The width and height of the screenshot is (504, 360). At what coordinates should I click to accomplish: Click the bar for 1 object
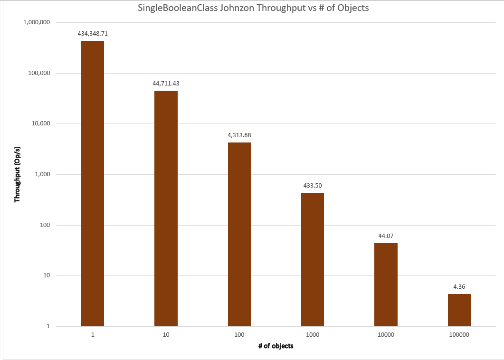pyautogui.click(x=93, y=183)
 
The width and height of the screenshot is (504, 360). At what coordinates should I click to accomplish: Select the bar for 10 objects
pyautogui.click(x=166, y=208)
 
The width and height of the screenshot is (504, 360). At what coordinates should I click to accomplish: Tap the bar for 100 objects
pyautogui.click(x=239, y=234)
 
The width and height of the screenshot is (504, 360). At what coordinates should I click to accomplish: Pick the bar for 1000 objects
pyautogui.click(x=313, y=259)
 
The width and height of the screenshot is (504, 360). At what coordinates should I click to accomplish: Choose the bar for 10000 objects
pyautogui.click(x=386, y=284)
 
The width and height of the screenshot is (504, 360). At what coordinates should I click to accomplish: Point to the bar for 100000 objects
pyautogui.click(x=459, y=310)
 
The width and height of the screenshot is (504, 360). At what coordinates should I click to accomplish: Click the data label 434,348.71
pyautogui.click(x=93, y=34)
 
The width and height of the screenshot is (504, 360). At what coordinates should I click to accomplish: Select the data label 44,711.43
pyautogui.click(x=166, y=84)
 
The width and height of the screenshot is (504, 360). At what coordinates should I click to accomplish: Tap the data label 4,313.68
pyautogui.click(x=239, y=135)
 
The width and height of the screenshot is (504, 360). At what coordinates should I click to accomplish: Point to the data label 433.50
pyautogui.click(x=313, y=186)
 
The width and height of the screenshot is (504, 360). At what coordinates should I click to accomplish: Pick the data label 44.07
pyautogui.click(x=386, y=236)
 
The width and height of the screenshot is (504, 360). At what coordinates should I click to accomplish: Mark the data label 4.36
pyautogui.click(x=459, y=287)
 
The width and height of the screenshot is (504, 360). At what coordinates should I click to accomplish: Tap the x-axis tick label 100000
pyautogui.click(x=459, y=335)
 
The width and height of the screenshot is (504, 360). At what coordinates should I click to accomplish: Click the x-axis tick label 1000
pyautogui.click(x=313, y=335)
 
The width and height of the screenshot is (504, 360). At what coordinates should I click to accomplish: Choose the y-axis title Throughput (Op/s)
pyautogui.click(x=18, y=174)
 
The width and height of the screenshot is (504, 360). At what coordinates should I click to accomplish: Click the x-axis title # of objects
pyautogui.click(x=276, y=346)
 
